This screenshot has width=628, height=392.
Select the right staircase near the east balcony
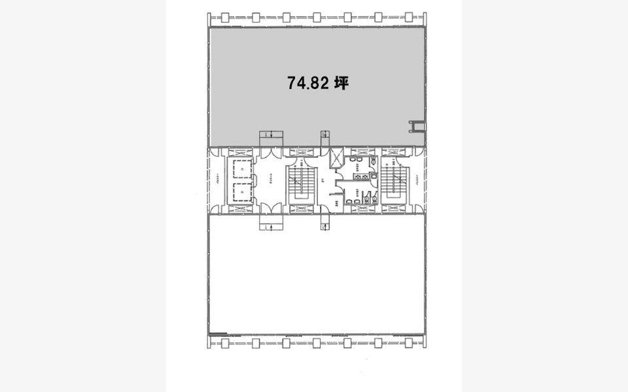[x=394, y=181]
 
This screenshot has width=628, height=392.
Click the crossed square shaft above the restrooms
[x=336, y=158]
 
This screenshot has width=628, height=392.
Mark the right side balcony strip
[x=419, y=181]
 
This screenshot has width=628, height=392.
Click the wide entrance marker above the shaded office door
[x=271, y=135]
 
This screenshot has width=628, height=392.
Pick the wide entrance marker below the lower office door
[x=271, y=226]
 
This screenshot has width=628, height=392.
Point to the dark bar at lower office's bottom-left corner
[x=217, y=335]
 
